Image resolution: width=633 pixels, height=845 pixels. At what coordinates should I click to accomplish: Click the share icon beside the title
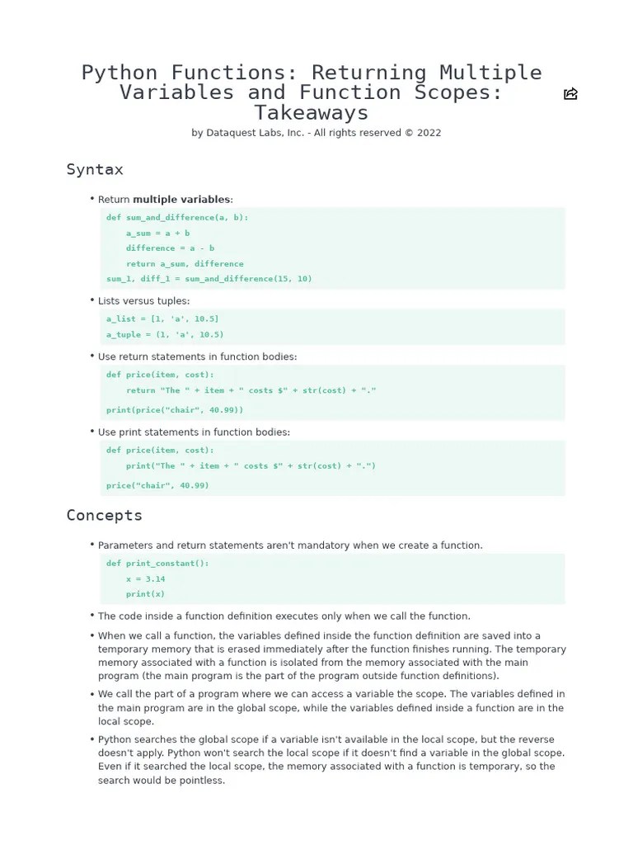(570, 94)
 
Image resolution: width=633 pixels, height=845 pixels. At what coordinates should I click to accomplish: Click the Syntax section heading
(95, 170)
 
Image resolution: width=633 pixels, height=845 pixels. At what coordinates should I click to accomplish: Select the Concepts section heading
(105, 516)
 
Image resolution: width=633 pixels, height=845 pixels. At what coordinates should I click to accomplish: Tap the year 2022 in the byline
(429, 133)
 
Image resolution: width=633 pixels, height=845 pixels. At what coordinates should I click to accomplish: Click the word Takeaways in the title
(312, 113)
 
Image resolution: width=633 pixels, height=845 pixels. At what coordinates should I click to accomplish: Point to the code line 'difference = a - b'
(170, 248)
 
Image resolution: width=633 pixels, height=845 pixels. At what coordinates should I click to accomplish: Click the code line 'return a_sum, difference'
(185, 264)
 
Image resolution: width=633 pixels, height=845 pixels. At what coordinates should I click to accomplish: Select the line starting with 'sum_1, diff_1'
(209, 279)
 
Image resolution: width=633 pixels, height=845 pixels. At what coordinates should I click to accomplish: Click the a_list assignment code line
(162, 319)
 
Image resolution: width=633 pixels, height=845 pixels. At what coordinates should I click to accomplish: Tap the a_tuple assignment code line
(165, 335)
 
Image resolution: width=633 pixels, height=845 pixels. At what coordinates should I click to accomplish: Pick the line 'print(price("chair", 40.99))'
(175, 410)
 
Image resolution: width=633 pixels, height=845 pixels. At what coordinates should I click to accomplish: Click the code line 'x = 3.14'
(146, 579)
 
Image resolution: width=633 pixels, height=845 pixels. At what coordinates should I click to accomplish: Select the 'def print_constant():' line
(157, 564)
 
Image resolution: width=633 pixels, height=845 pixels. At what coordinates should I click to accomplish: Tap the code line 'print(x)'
(146, 594)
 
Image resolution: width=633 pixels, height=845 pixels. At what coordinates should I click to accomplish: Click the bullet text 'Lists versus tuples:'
(143, 301)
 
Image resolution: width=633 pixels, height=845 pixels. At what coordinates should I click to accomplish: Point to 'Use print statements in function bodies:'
(194, 432)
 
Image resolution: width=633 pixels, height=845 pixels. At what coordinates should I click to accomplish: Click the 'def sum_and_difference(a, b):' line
(177, 218)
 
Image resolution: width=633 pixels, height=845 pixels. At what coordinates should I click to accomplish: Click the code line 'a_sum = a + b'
(157, 234)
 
